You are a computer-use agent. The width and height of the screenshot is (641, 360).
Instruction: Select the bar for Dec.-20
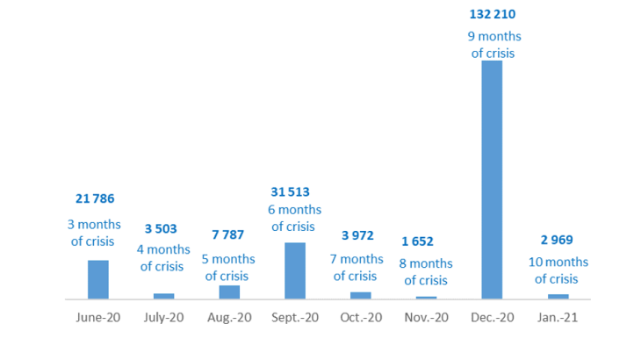coord(493,179)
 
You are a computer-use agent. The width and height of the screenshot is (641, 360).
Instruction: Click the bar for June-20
coord(98,279)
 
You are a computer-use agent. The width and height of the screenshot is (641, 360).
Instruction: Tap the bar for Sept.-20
coord(295,270)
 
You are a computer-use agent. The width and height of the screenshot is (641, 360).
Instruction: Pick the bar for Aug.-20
coord(229,292)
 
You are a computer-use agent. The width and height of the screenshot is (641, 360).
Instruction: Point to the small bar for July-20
coord(164,296)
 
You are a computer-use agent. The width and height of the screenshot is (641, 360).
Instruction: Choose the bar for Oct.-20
coord(361,295)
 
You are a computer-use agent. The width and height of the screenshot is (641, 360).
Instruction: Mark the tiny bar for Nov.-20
coord(427,298)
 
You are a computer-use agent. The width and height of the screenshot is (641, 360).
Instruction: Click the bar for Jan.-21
coord(558,296)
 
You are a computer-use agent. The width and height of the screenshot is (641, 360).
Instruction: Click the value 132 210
coord(493,14)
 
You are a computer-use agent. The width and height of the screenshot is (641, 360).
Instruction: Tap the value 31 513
coord(291,191)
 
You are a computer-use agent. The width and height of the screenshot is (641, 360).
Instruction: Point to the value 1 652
coord(417,241)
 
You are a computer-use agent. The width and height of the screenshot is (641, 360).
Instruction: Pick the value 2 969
coord(556,240)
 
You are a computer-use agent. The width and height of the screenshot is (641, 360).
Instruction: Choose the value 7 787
coord(227,234)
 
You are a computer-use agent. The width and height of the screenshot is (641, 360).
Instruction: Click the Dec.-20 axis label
coord(493,317)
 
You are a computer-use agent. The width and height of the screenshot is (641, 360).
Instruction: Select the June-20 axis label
coord(98,317)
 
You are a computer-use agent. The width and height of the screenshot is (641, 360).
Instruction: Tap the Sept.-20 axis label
coord(295,317)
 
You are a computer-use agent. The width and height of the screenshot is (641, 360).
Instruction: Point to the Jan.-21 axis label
coord(558,317)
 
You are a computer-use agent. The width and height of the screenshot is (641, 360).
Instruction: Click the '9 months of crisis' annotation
coord(493,45)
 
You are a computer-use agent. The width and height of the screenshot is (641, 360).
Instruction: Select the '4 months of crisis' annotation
coord(162,258)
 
